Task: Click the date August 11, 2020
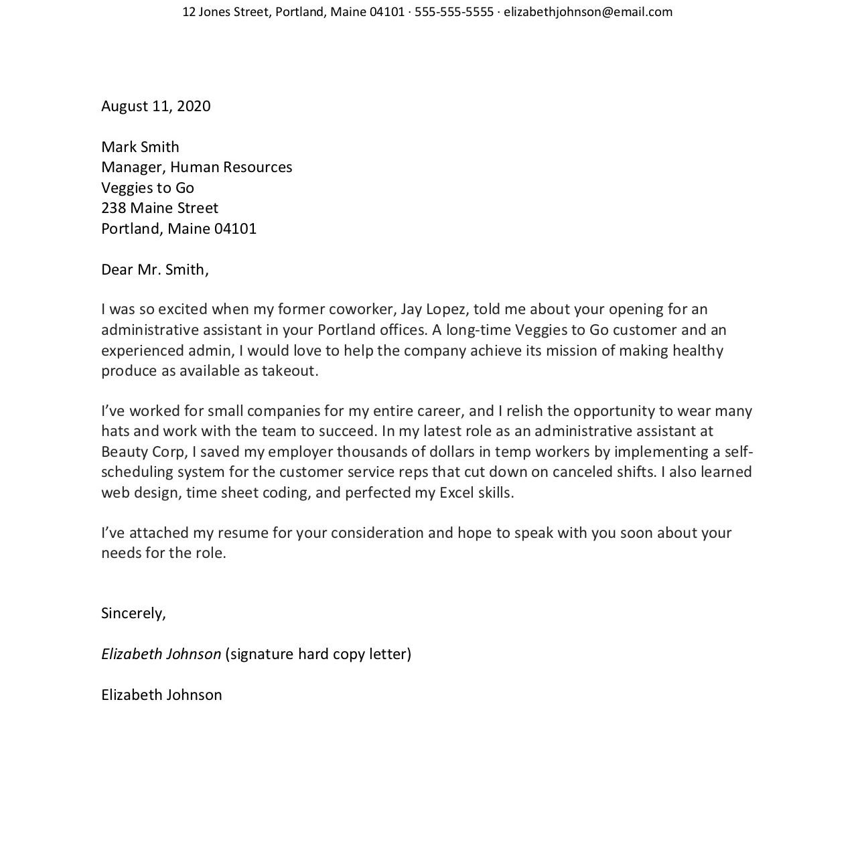coord(155,106)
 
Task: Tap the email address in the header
coord(588,12)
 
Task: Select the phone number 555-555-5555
coord(453,12)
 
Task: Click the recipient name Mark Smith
coord(140,147)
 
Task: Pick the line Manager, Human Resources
coord(196,167)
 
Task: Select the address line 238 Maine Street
coord(159,208)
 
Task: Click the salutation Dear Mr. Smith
coord(155,269)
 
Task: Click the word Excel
coord(457,493)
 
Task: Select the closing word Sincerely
coord(133,613)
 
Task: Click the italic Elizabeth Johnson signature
coord(161,654)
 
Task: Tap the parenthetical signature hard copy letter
coord(318,654)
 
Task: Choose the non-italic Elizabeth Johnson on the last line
coord(161,695)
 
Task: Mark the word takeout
coord(289,371)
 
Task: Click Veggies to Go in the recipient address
coord(147,188)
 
